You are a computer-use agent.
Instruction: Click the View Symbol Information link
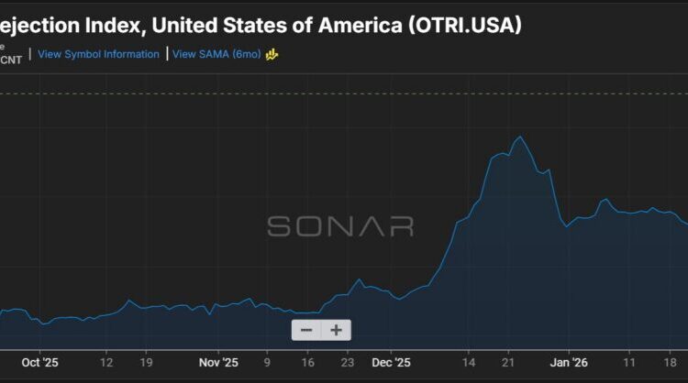98,54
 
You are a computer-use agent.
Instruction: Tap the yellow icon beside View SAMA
272,54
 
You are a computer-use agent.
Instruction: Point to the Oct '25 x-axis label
39,362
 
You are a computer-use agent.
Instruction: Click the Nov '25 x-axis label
218,362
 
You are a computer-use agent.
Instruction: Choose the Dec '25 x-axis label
392,362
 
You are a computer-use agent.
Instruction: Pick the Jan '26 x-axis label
567,362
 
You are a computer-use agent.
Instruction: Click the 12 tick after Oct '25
106,362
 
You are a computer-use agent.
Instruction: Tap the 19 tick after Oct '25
147,362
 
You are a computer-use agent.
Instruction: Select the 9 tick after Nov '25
267,362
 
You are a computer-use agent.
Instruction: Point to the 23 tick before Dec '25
347,362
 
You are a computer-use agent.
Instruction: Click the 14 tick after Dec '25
468,362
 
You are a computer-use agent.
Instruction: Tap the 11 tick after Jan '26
629,362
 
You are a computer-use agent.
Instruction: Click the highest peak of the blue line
520,137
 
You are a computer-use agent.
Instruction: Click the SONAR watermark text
340,226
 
